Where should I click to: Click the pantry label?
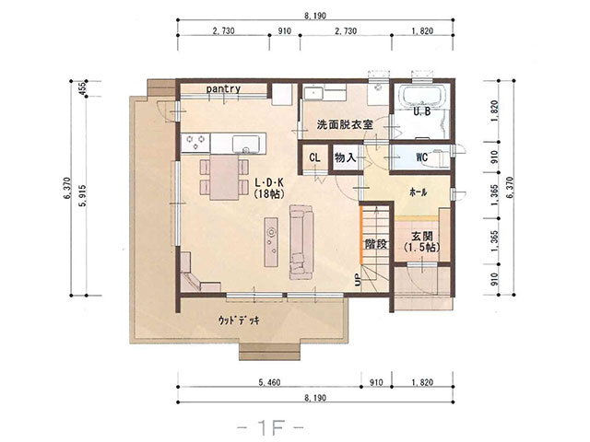[223, 88]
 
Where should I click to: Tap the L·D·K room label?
[269, 183]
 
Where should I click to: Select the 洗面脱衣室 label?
[345, 124]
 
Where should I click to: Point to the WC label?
[422, 157]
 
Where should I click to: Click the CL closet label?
[314, 157]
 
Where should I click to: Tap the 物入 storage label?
[345, 157]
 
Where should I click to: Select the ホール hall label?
[418, 192]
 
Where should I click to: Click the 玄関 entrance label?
[422, 237]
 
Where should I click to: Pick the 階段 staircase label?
[376, 244]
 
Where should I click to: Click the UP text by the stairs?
[358, 279]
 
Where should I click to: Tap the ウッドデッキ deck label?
[239, 320]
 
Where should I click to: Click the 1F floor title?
[270, 427]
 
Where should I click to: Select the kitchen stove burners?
[195, 143]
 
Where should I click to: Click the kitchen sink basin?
[246, 144]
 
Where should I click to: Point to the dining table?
[224, 178]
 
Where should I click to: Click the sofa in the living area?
[301, 242]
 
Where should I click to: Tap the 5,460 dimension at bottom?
[269, 383]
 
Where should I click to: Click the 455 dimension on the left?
[82, 88]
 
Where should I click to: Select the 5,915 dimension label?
[82, 195]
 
